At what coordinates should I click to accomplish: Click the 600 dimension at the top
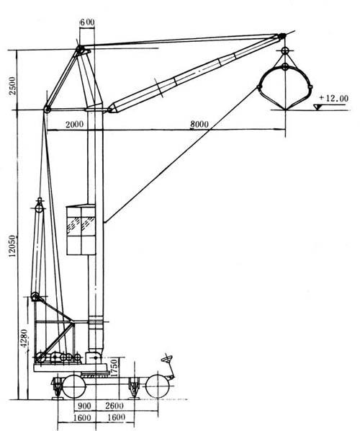(x=87, y=22)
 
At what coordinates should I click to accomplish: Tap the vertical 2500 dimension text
(x=12, y=86)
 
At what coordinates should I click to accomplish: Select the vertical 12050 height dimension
(x=12, y=246)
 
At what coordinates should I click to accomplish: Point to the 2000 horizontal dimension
(x=74, y=124)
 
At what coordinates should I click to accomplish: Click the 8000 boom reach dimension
(x=199, y=124)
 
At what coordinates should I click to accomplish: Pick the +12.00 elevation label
(x=333, y=98)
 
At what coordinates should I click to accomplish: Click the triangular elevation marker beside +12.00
(x=318, y=107)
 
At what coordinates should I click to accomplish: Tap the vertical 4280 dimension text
(x=24, y=338)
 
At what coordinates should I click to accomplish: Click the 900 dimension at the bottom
(x=84, y=406)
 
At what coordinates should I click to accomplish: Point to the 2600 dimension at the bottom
(x=114, y=406)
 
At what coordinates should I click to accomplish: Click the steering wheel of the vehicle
(x=167, y=359)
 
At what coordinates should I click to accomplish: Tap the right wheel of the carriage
(x=157, y=386)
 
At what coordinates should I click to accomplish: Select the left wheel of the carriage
(x=74, y=386)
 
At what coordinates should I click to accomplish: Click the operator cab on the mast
(x=81, y=230)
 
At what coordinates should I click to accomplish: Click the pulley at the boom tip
(x=282, y=36)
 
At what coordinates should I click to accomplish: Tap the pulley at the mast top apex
(x=80, y=50)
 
